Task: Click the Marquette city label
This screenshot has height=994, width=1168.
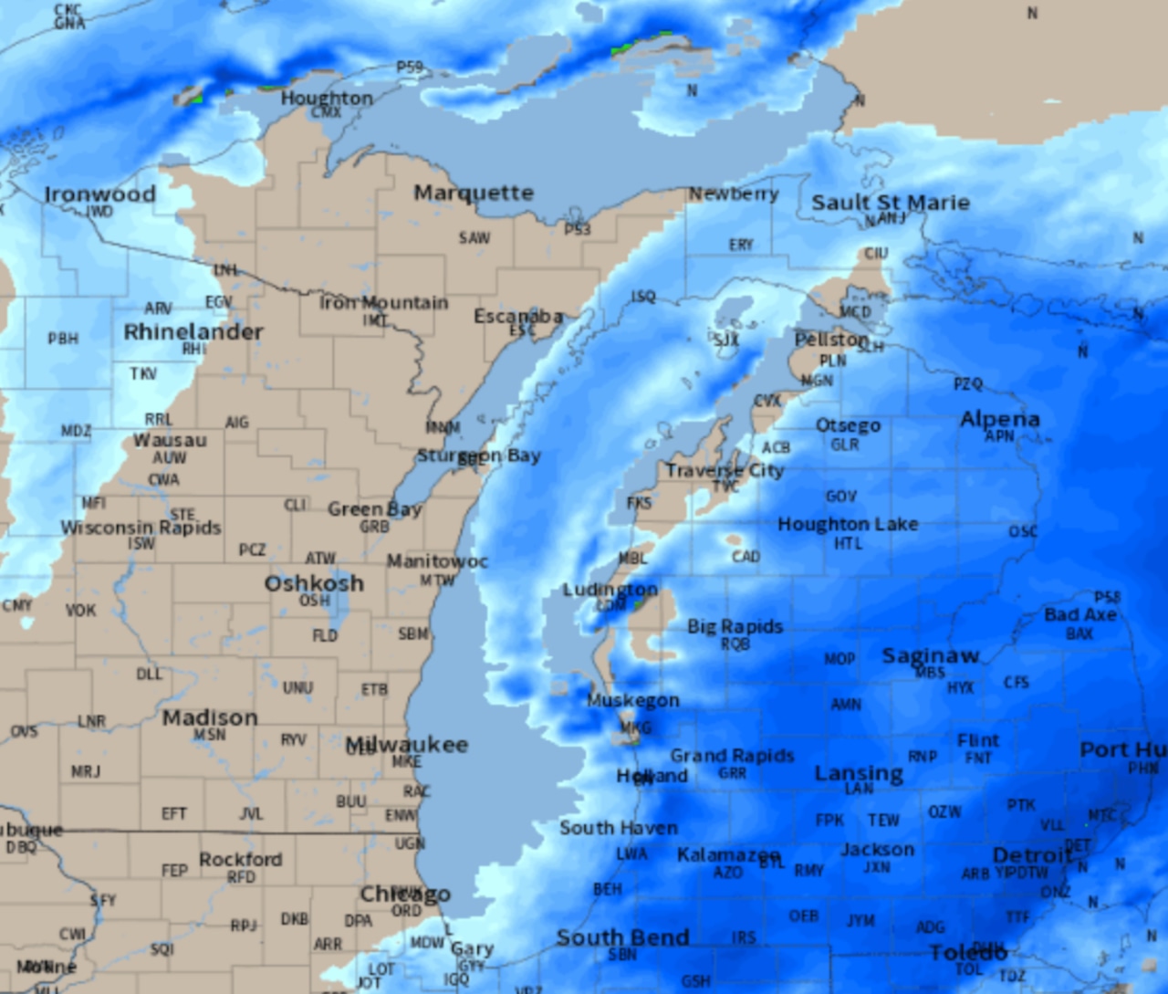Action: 473,194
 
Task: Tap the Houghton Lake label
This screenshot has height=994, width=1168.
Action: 848,524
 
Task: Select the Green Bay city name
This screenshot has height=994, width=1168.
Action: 374,509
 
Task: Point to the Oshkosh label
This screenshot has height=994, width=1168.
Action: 314,583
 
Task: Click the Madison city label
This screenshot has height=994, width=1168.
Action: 210,718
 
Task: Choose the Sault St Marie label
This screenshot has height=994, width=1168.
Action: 891,203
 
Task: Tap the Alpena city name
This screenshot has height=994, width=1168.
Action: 999,419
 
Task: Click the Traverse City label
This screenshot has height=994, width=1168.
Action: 725,471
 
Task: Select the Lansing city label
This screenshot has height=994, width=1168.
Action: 859,774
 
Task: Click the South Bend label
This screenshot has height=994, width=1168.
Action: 622,937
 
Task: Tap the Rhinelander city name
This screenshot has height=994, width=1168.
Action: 193,332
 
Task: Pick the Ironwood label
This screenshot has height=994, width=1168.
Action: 100,194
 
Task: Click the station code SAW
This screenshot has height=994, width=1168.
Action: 474,238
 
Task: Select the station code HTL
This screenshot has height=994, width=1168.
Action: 848,544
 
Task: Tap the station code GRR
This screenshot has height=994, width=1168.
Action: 732,774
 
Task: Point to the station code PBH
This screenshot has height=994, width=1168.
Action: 63,339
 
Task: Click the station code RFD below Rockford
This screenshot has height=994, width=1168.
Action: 241,877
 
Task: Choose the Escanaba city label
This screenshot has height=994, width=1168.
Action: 518,317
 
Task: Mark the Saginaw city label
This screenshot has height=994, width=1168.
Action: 930,655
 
